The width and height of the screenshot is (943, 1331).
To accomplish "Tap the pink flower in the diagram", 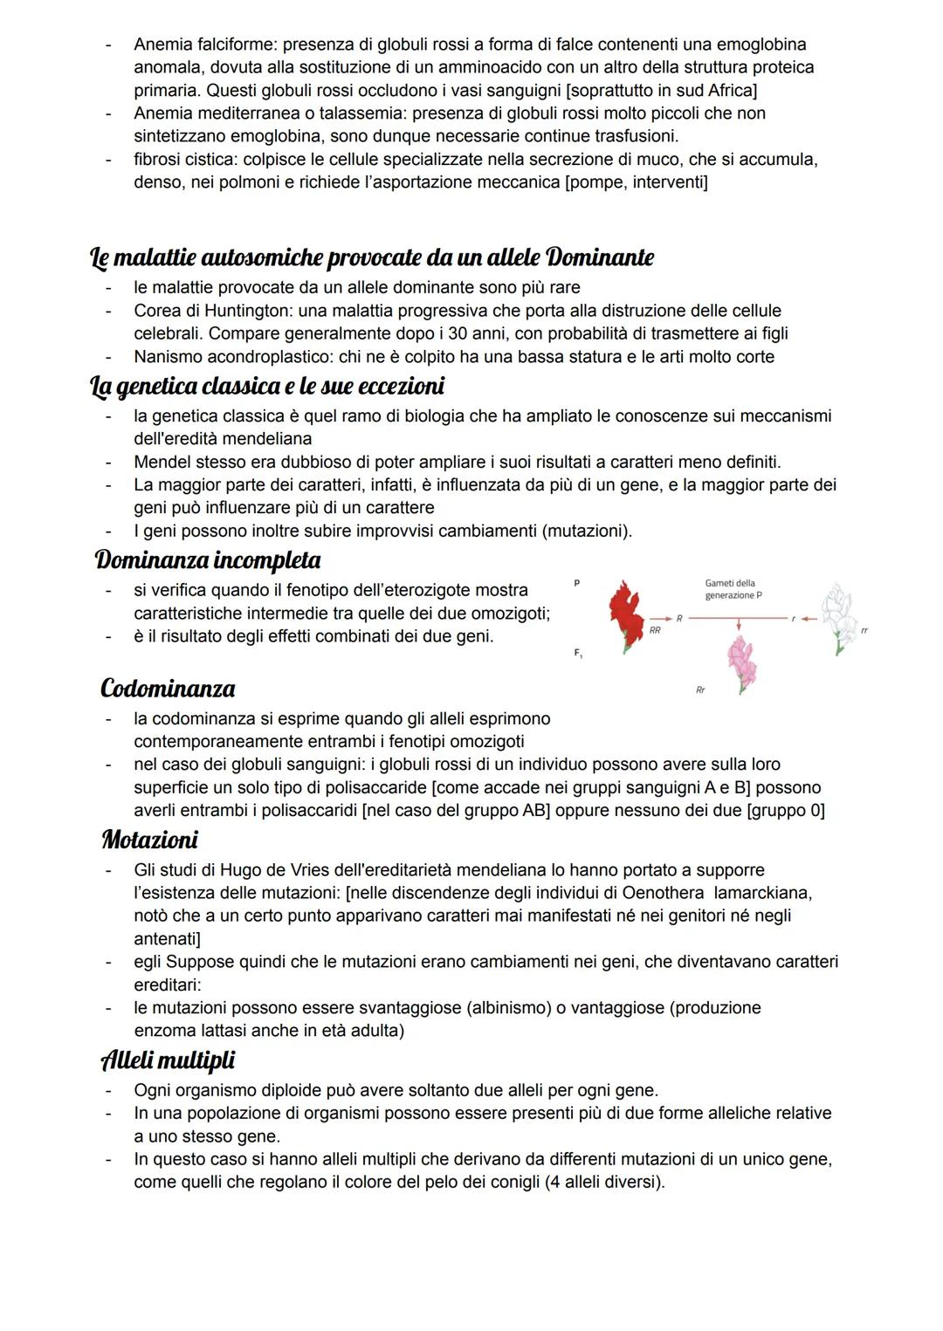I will point(741,663).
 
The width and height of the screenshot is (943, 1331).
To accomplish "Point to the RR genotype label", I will point(655,629).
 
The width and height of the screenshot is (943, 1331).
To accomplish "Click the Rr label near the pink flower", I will point(700,690).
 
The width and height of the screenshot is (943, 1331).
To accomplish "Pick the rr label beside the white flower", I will point(864,629).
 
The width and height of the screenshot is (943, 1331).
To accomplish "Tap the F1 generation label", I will point(577,653).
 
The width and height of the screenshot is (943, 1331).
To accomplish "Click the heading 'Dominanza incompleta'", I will point(208,559).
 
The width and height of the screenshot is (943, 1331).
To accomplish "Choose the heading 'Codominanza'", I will point(168,689).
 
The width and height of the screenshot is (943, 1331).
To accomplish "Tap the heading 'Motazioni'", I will point(149,840).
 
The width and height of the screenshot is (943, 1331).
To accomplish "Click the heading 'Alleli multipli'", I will point(169,1060).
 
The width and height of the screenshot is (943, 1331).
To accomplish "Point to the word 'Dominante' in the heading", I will point(599,257).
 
